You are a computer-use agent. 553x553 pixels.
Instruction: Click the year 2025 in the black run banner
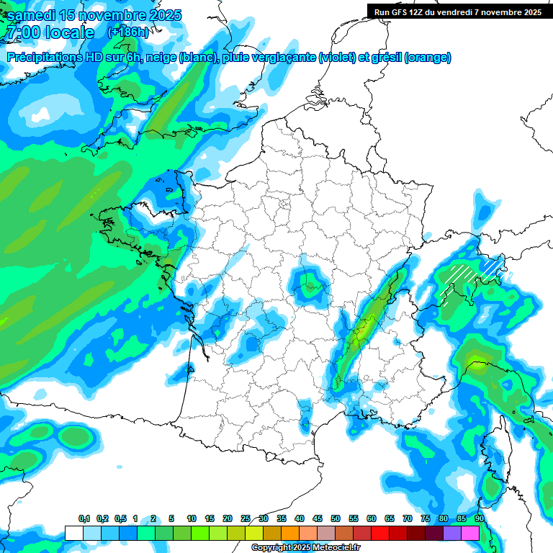click(x=530, y=12)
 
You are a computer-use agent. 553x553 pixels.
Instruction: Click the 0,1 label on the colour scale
click(x=84, y=519)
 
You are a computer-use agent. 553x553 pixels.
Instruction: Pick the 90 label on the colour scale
click(x=479, y=519)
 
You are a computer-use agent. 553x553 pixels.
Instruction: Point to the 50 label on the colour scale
click(x=336, y=519)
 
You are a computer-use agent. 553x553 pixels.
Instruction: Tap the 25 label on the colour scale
click(x=246, y=519)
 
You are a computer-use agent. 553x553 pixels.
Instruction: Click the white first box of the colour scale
click(x=73, y=533)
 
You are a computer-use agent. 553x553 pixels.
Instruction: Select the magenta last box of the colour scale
click(x=470, y=533)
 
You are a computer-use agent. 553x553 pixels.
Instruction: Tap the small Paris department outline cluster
click(x=283, y=204)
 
